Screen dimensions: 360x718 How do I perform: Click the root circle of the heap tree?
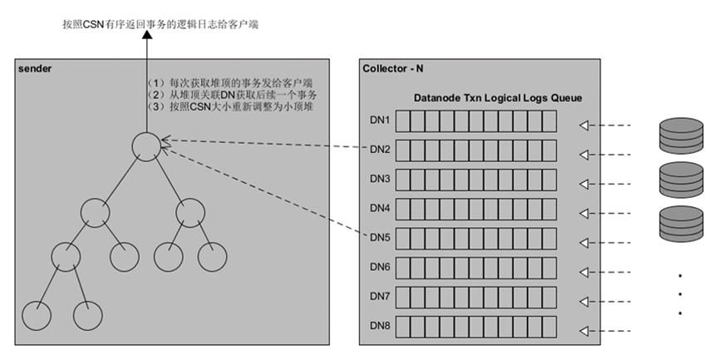145,147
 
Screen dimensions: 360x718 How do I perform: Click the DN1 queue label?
380,121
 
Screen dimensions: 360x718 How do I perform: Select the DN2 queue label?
380,150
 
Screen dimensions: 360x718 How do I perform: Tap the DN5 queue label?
380,238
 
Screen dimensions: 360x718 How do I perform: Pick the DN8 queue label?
380,325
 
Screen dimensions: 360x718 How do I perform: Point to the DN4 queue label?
380,208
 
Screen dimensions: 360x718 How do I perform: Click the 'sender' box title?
34,67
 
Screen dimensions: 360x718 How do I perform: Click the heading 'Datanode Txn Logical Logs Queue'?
498,98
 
